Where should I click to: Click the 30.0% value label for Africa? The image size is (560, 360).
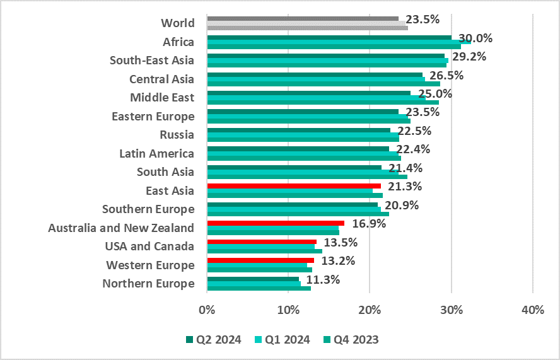475,38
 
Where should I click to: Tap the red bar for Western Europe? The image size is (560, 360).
260,260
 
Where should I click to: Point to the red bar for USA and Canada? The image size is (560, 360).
261,241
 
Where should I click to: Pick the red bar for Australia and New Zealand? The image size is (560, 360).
275,223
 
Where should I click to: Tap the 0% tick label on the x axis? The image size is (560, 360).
207,310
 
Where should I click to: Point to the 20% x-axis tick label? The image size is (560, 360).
370,310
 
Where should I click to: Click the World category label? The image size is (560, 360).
178,23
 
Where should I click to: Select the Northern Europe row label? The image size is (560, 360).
148,284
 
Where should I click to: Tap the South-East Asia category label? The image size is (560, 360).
151,61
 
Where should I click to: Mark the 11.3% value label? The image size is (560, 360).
323,280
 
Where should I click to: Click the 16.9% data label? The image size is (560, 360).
368,223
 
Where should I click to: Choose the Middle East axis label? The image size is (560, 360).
162,98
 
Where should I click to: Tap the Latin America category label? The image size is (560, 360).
156,153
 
